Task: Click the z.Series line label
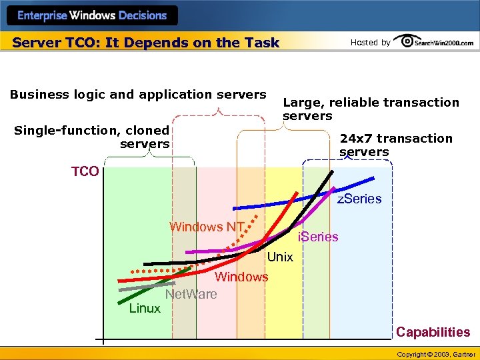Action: click(359, 199)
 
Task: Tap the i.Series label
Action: click(318, 237)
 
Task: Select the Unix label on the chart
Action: click(280, 257)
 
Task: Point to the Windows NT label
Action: click(207, 227)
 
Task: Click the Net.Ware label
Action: click(191, 294)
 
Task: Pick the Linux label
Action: click(145, 308)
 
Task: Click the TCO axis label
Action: click(85, 172)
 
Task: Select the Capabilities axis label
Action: click(433, 332)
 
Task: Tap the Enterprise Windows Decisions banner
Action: click(92, 15)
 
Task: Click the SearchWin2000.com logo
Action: click(434, 41)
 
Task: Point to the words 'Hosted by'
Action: click(370, 42)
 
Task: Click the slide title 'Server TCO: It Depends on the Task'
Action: click(146, 43)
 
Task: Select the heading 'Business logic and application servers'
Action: click(138, 95)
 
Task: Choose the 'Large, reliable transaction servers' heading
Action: click(371, 109)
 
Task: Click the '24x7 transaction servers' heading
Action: click(396, 145)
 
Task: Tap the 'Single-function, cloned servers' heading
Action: click(92, 137)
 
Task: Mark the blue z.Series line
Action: click(267, 204)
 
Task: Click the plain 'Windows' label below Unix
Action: click(241, 277)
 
